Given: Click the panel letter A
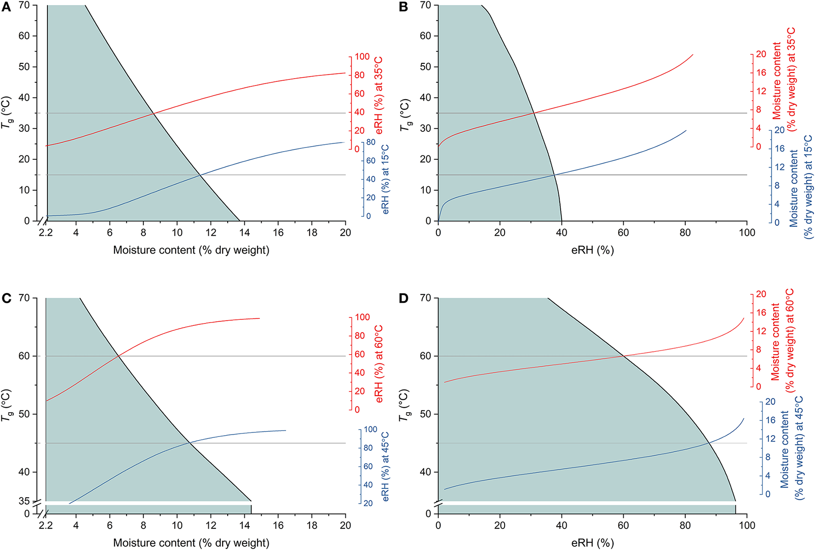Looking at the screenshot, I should [x=6, y=7].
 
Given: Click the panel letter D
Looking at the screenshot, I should [x=403, y=299].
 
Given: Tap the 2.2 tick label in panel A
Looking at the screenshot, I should [x=46, y=232].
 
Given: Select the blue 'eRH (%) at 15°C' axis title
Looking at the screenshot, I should [x=385, y=179].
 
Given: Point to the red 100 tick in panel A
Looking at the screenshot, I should [x=362, y=57].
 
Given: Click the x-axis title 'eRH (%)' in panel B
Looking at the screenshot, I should [x=592, y=250].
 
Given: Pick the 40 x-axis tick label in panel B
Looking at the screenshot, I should [x=562, y=232].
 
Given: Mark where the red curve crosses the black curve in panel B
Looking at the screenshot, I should [x=534, y=113].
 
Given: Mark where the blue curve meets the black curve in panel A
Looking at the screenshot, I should [x=200, y=175].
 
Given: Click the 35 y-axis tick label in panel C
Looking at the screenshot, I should [x=24, y=501].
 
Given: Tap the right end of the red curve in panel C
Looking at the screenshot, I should [x=259, y=318].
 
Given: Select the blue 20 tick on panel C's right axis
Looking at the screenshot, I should [x=368, y=503].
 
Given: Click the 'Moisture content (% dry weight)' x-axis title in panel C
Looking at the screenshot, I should [x=191, y=543].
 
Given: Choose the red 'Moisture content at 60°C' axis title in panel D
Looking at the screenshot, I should [x=782, y=340].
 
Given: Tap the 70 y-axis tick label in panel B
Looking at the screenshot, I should [x=425, y=5].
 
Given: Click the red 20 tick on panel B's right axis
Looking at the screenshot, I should [x=761, y=54].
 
